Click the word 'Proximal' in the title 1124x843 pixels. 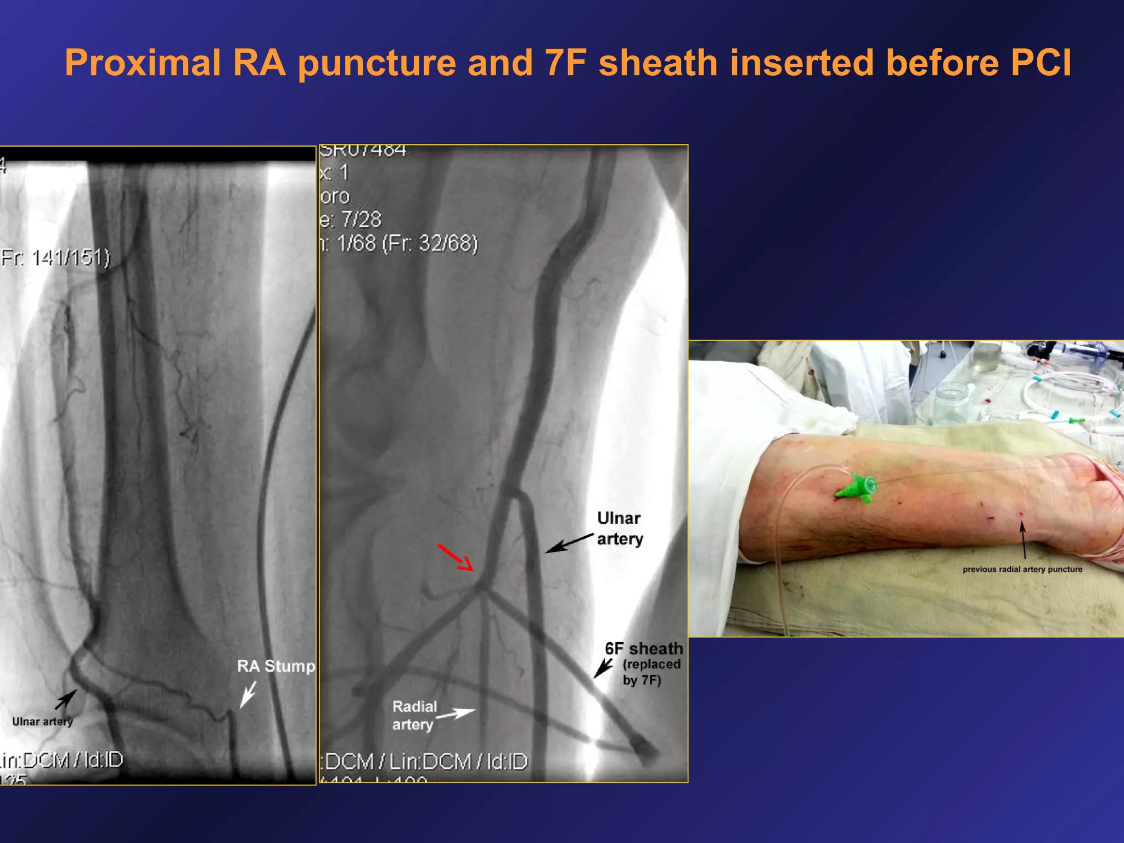click(143, 63)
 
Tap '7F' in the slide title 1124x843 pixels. click(566, 63)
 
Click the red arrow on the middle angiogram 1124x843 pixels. click(455, 558)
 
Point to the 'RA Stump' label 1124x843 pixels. click(276, 666)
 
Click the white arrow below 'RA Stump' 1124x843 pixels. click(248, 695)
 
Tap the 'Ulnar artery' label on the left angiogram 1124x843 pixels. click(42, 722)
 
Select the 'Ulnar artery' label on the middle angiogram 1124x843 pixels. click(620, 529)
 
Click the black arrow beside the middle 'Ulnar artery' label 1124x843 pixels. click(569, 543)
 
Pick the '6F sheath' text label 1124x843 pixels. click(644, 649)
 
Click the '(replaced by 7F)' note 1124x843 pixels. click(651, 672)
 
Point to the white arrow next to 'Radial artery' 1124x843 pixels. click(456, 714)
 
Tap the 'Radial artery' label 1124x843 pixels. click(414, 715)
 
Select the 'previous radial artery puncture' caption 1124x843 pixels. click(1022, 569)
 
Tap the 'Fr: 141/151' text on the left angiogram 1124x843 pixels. click(55, 257)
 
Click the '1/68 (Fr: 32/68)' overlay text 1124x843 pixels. click(406, 243)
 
